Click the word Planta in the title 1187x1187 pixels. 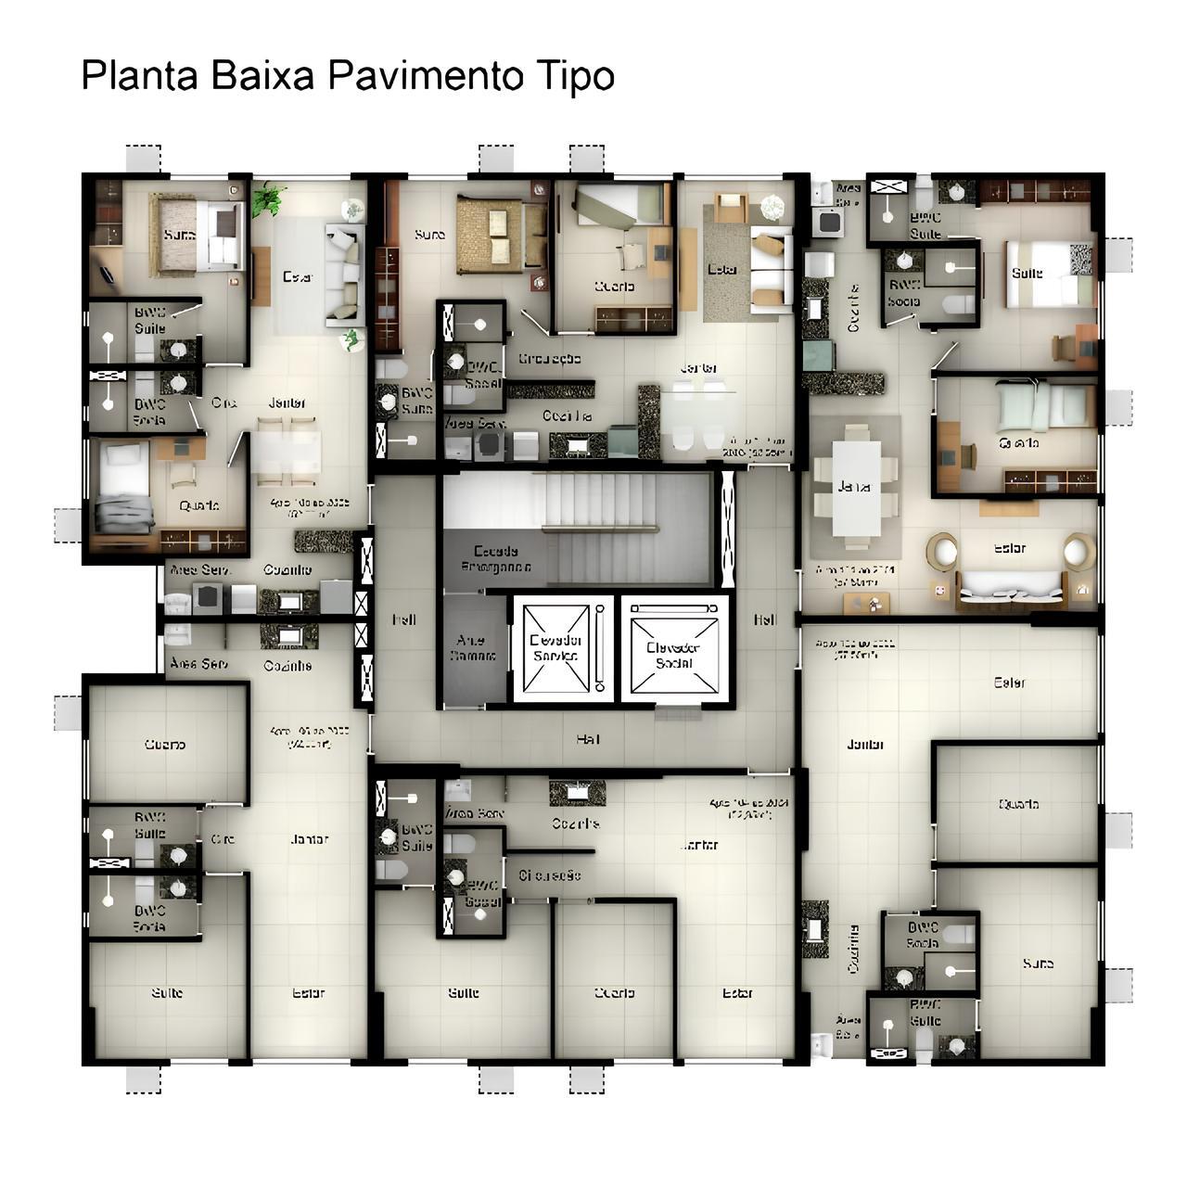coord(139,76)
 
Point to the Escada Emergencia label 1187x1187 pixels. coord(496,558)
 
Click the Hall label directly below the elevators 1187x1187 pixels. coord(587,739)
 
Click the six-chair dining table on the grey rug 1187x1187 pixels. coord(856,487)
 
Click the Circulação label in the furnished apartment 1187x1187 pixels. coord(549,359)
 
